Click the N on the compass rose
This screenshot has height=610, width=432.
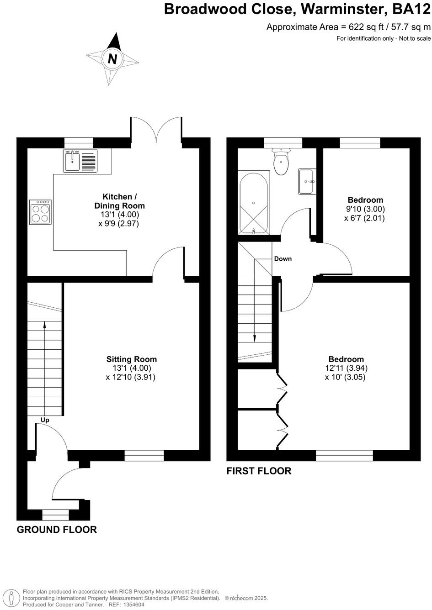coord(112,59)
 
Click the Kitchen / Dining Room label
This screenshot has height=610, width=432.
coord(119,201)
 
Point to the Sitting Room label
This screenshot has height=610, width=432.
coord(132,359)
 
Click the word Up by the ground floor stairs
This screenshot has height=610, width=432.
coord(45,420)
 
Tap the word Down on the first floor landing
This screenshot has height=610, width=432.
coord(283,259)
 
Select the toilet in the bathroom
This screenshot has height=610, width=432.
coord(280,162)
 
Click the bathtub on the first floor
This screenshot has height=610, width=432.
coord(253,203)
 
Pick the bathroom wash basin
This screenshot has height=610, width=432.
coord(307,182)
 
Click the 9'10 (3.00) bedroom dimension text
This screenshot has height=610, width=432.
coord(365,209)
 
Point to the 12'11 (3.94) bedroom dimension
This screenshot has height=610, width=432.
coord(346,368)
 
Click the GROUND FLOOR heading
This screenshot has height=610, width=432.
coord(57,530)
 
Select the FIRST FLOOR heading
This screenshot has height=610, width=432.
coord(259,471)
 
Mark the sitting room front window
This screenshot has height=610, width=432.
coord(144,455)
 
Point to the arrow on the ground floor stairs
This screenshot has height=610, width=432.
coord(44,325)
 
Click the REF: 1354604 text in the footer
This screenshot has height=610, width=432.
coord(126,604)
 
